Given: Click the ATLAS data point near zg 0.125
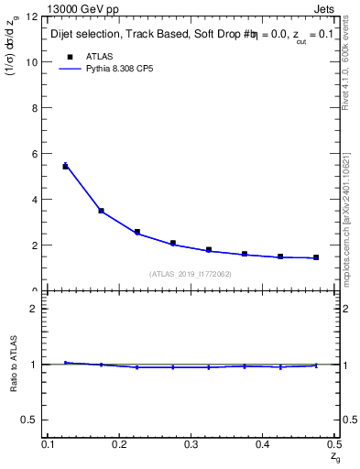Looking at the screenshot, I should (x=65, y=166).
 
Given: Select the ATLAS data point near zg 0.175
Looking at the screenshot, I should (x=101, y=211).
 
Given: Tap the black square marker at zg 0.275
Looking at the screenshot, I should (x=173, y=243).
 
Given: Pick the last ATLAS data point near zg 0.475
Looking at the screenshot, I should (x=316, y=257).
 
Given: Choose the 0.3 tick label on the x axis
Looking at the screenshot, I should (x=191, y=443).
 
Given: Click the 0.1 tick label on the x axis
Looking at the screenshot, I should (x=48, y=443).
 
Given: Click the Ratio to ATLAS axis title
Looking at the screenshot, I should (x=16, y=363).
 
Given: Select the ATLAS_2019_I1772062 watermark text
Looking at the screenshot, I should (x=190, y=274).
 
